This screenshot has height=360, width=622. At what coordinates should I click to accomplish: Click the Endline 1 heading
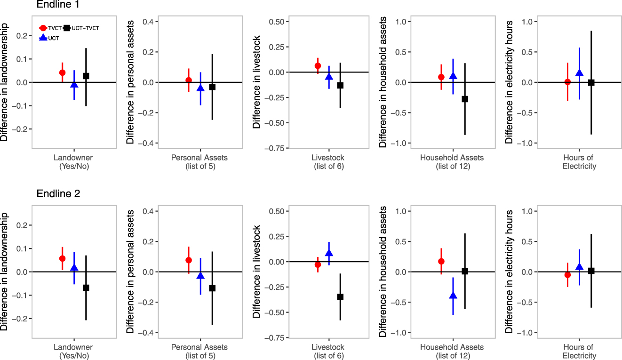(x=58, y=5)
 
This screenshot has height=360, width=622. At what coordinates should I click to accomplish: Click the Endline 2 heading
(x=58, y=193)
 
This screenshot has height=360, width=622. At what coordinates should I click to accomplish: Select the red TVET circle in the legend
(x=43, y=28)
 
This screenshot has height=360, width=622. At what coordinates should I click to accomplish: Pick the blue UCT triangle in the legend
(x=43, y=37)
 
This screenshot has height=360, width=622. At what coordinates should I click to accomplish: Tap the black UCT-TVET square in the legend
(x=67, y=28)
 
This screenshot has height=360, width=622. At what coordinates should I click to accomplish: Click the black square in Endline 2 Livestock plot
(x=340, y=297)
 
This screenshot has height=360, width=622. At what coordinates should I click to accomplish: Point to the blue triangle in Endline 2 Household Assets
(x=453, y=296)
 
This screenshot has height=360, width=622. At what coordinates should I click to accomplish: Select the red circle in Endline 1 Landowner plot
(x=62, y=72)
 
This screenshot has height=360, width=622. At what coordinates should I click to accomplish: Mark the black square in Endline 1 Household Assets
(x=465, y=99)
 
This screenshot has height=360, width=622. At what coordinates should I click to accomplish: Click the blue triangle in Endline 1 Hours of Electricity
(x=579, y=73)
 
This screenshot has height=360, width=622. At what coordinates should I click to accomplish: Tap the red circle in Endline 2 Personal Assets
(x=189, y=260)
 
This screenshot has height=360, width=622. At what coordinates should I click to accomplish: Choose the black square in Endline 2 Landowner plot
(x=86, y=288)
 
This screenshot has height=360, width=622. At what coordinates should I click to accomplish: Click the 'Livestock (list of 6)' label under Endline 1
(x=328, y=162)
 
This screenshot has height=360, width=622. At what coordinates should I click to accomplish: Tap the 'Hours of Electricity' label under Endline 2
(x=579, y=352)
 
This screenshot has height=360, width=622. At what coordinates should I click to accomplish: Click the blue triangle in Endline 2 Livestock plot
(x=329, y=253)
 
